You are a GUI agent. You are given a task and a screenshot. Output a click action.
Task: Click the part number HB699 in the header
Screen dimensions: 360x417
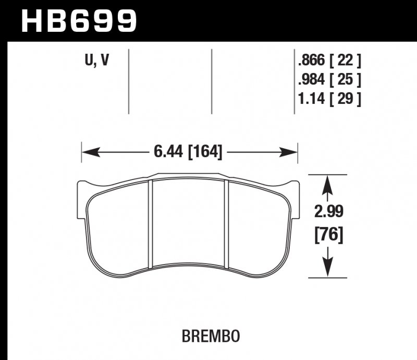(78, 21)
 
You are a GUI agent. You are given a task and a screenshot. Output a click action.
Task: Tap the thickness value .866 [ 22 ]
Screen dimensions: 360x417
(329, 62)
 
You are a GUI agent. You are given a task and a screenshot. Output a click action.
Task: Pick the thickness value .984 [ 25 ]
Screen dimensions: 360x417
(329, 80)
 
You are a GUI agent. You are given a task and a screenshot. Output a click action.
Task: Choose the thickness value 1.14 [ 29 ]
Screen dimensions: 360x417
(329, 98)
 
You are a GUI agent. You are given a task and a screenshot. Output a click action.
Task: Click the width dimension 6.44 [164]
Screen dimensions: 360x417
(188, 152)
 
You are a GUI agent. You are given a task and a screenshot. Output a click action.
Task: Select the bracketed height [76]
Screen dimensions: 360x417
(328, 235)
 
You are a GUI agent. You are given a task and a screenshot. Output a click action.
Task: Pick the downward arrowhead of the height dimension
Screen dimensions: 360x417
(327, 269)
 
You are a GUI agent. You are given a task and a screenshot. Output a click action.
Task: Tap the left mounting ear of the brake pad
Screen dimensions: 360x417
(82, 196)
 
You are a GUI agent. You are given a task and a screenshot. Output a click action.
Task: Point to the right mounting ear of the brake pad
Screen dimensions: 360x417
(296, 196)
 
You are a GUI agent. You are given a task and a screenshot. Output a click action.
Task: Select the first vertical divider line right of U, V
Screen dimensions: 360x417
(128, 81)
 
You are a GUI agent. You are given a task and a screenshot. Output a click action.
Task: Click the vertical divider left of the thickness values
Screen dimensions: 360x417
(295, 81)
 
